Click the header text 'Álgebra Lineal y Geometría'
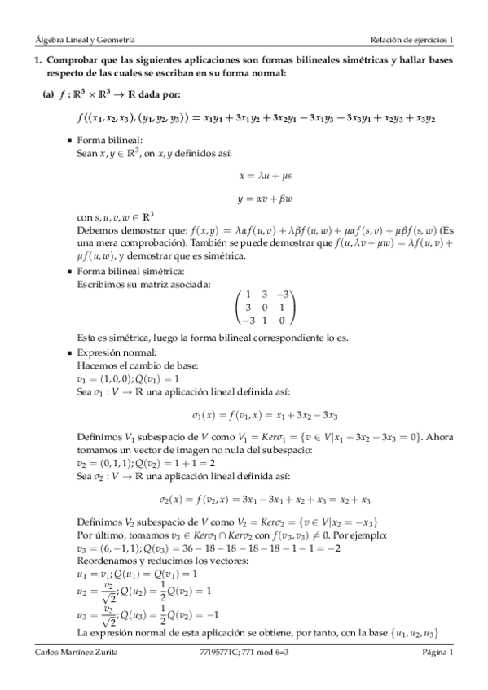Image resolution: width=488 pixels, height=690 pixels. pos(80,39)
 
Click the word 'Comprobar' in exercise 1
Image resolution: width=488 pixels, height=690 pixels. pos(72,61)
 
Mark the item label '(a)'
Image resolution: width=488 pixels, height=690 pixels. pos(48,94)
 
